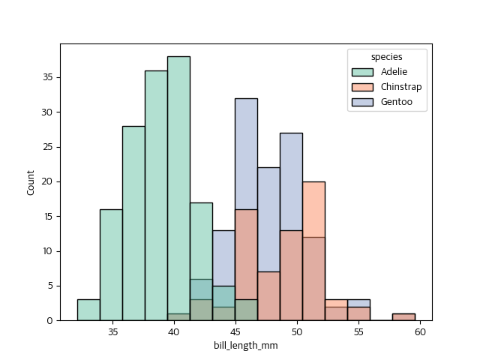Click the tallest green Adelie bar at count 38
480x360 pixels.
pos(178,187)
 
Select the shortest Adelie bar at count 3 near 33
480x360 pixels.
pos(88,310)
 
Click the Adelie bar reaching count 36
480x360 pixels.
pos(156,195)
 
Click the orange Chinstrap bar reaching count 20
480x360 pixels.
pos(313,210)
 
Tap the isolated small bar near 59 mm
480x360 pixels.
pos(403,317)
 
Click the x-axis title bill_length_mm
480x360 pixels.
pos(246,346)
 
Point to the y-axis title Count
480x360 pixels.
pos(31,182)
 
